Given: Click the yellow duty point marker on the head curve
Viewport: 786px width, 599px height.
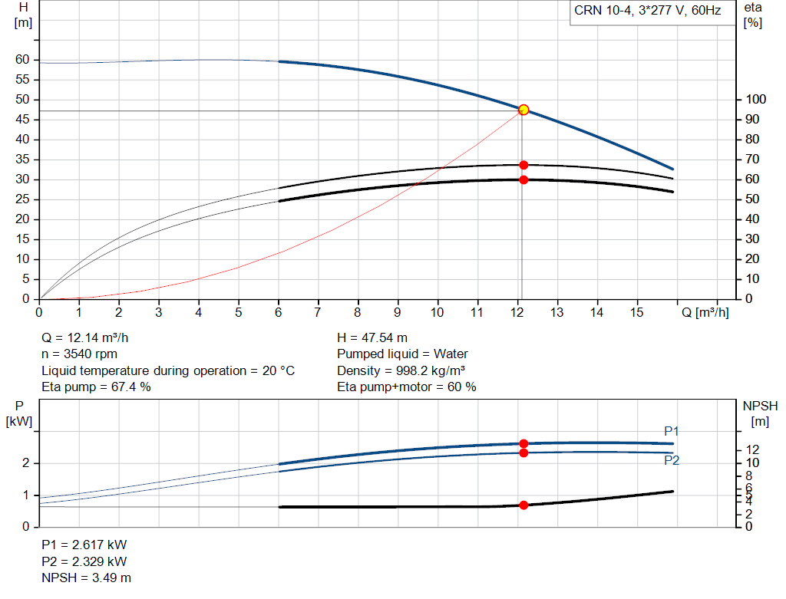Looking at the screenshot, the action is pyautogui.click(x=523, y=110).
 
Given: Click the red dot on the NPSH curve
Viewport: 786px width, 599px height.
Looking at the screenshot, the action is pyautogui.click(x=523, y=505).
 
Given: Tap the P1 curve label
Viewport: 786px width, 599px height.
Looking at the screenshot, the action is pyautogui.click(x=671, y=431).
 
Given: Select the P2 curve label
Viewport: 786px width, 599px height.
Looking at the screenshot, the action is pyautogui.click(x=672, y=460).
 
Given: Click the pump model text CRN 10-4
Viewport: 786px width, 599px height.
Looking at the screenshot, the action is pyautogui.click(x=603, y=11).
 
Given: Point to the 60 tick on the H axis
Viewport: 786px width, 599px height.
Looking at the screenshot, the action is pyautogui.click(x=22, y=60).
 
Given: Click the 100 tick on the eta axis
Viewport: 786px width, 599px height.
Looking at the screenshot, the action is pyautogui.click(x=755, y=99).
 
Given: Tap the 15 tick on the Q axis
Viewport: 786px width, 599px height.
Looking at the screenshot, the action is pyautogui.click(x=636, y=312).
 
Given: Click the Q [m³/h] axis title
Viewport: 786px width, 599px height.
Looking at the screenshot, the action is pyautogui.click(x=705, y=312).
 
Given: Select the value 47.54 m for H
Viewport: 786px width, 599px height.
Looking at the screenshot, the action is pyautogui.click(x=385, y=338).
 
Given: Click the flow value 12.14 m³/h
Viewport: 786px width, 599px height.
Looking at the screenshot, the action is pyautogui.click(x=97, y=338).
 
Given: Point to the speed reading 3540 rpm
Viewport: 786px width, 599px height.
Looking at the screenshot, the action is pyautogui.click(x=91, y=354).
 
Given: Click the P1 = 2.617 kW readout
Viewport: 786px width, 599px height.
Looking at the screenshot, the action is pyautogui.click(x=84, y=545).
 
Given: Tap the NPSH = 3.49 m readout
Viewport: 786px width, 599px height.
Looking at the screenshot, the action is pyautogui.click(x=86, y=578).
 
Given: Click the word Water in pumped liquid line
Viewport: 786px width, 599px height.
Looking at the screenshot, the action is pyautogui.click(x=451, y=354).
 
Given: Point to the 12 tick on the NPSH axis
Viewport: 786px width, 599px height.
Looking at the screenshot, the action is pyautogui.click(x=752, y=449).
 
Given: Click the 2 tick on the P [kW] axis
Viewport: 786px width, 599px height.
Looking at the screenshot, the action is pyautogui.click(x=25, y=463).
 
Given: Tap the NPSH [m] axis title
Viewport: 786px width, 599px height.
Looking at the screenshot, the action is pyautogui.click(x=760, y=413).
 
